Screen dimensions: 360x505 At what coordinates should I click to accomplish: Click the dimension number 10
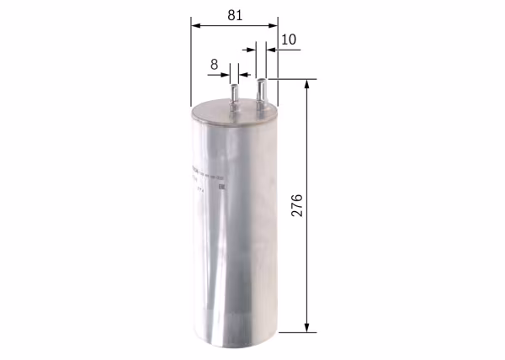[x=289, y=39]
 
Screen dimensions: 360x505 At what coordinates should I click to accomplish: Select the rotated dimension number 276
[x=297, y=206]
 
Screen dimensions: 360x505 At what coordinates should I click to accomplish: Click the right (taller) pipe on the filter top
[x=262, y=89]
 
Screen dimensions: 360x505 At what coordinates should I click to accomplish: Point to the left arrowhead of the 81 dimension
[x=195, y=25]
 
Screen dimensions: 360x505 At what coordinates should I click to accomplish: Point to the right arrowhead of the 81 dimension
[x=273, y=25]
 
